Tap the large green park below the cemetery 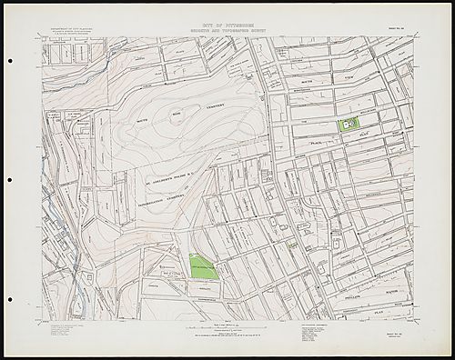pos(203,266)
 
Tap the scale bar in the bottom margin pos(227,324)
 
